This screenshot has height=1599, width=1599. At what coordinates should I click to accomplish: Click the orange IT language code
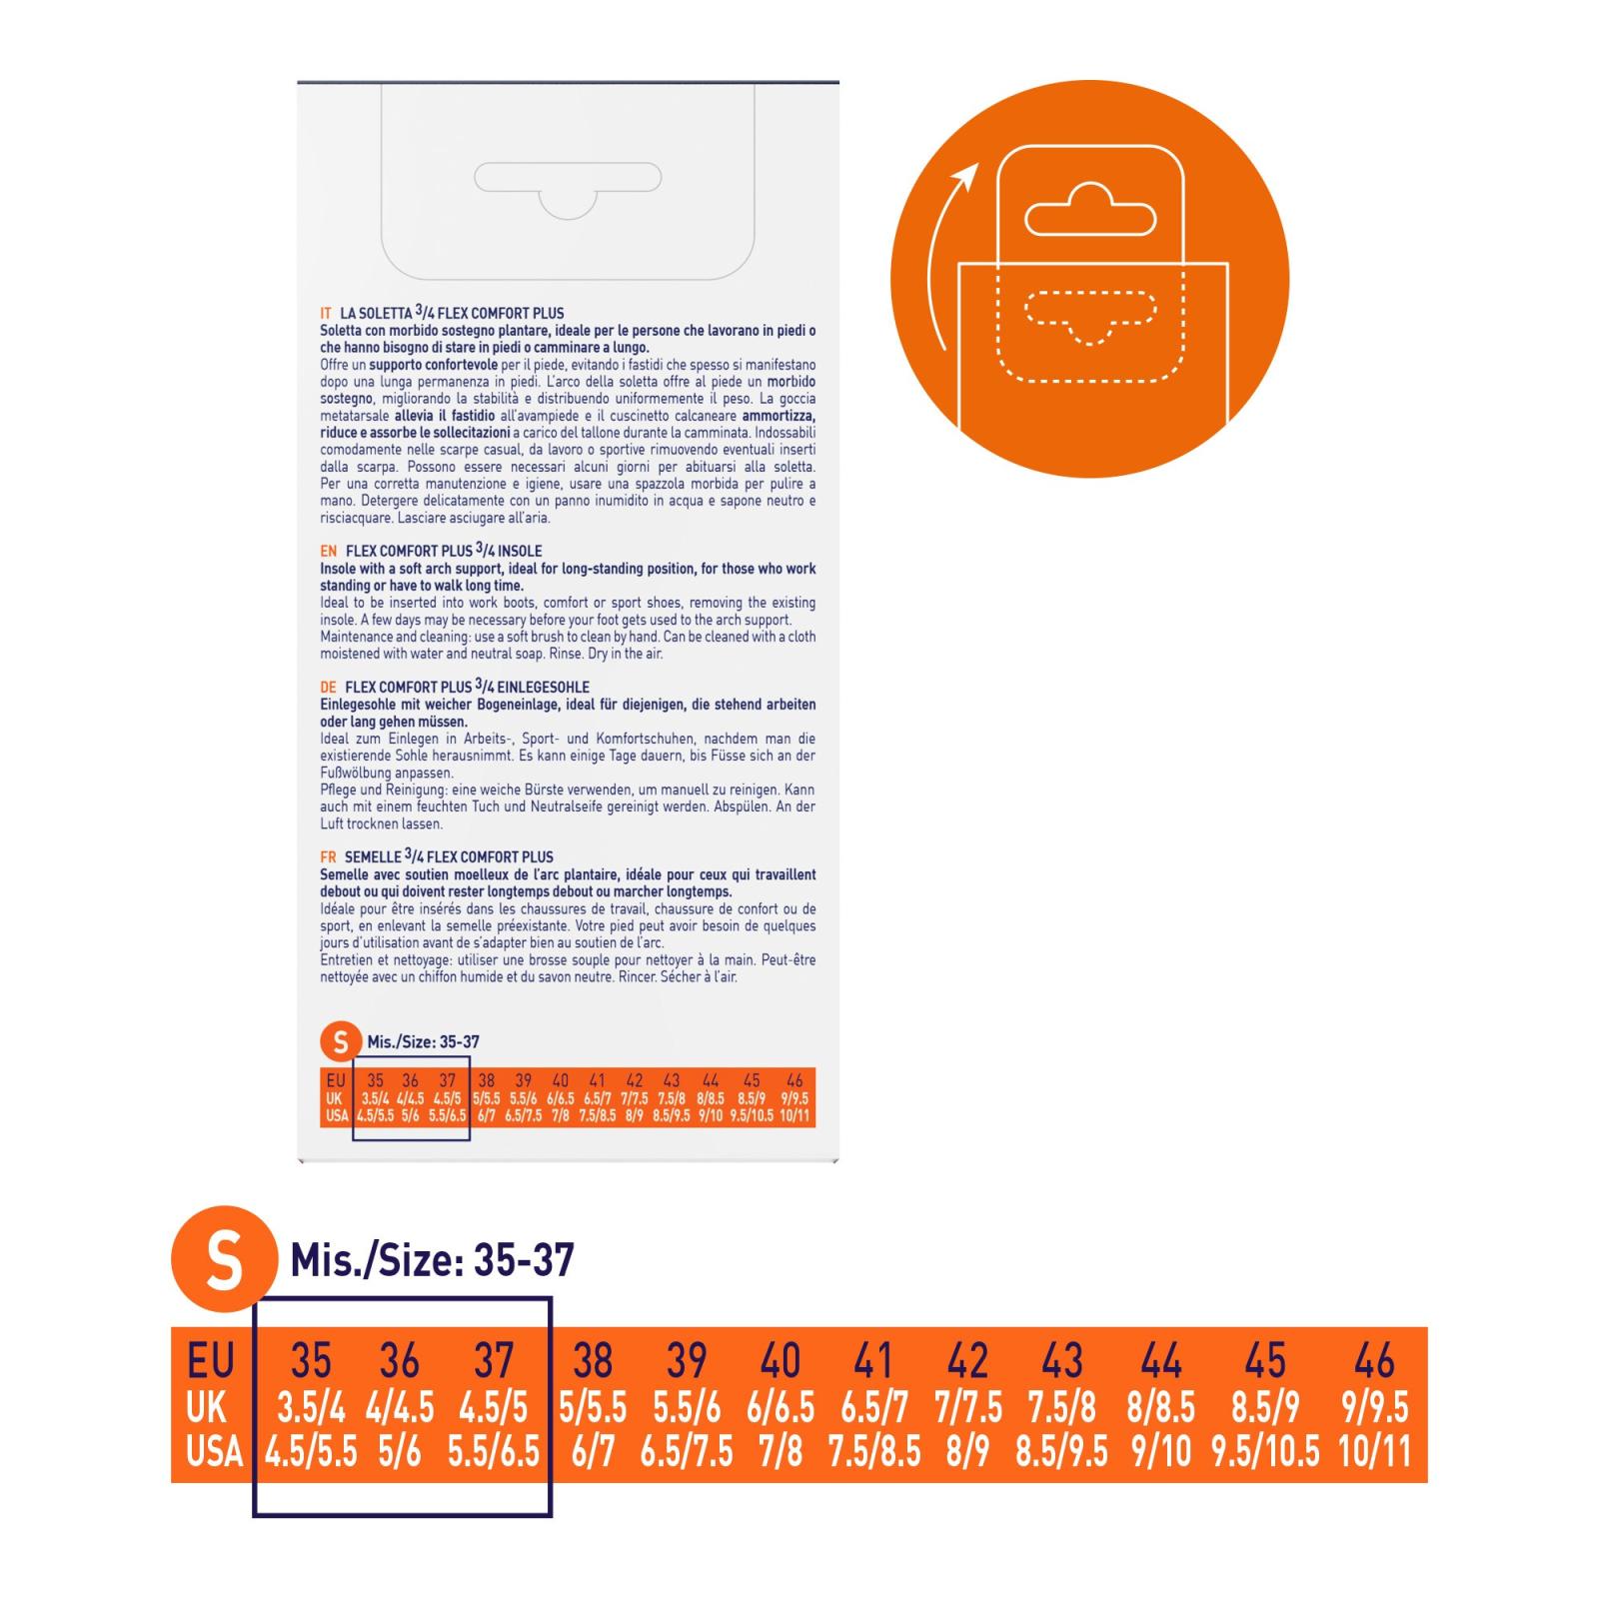pos(326,314)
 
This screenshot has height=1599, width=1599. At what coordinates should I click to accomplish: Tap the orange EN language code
pos(329,552)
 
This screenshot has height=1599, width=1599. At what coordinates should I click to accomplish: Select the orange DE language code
pos(329,688)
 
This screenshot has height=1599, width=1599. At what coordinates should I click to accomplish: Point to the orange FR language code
pos(328,857)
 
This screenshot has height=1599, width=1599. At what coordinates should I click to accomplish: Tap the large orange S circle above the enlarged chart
pos(223,1260)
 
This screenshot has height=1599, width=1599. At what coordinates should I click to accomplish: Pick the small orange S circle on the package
pos(341,1041)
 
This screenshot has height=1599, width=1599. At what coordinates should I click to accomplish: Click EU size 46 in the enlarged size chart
pos(1374,1361)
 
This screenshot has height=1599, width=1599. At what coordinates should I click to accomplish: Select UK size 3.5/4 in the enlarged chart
pos(311,1408)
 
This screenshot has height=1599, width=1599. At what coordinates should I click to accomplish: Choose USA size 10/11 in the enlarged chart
pos(1374,1452)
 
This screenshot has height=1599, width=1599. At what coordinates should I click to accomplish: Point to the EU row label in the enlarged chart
pos(211,1361)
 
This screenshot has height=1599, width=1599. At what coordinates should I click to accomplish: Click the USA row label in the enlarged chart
pos(215,1452)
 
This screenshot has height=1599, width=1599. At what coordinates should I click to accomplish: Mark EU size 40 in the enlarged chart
pos(781,1361)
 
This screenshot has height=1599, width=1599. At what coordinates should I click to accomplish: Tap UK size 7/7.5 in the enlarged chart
pos(968,1408)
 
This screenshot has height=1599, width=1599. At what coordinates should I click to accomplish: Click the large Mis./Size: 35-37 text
pos(433,1260)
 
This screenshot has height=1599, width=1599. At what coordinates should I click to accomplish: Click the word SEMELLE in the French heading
pos(373,857)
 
